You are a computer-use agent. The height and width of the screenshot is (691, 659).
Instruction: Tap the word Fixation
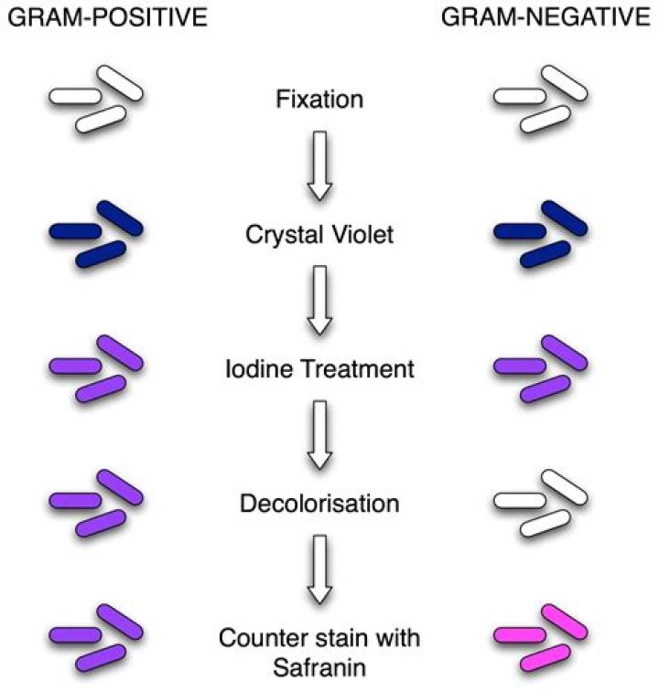pos(319,98)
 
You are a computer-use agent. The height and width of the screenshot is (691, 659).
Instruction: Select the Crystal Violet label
pos(319,235)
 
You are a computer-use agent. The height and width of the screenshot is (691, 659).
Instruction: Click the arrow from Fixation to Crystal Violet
pos(319,165)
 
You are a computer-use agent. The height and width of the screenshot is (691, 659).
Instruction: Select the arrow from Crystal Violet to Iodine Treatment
pos(319,301)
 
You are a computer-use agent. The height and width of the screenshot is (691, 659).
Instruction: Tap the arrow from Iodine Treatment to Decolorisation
pos(319,435)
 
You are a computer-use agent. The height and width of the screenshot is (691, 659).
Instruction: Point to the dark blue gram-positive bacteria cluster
pos(96,234)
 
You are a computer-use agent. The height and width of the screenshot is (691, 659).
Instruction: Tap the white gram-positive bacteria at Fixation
pos(96,97)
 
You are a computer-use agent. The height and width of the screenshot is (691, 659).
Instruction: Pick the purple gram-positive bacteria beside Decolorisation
pos(96,502)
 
